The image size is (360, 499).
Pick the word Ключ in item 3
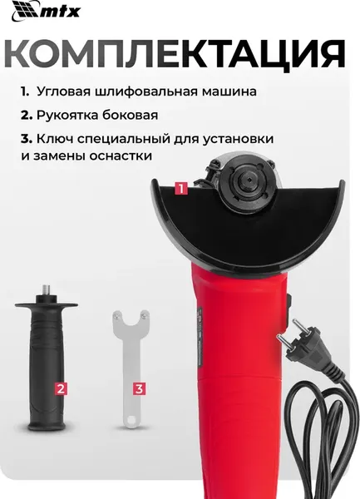point(57,138)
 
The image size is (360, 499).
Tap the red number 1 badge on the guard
point(180,189)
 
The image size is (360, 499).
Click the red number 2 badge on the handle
point(59,388)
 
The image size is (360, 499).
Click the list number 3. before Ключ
point(27,138)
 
